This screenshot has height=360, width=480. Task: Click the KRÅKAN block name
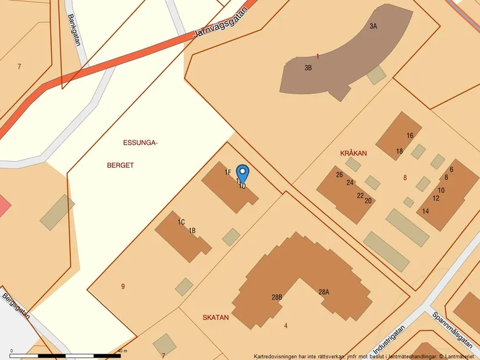[x=353, y=154]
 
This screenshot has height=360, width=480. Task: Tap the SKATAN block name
[x=215, y=318]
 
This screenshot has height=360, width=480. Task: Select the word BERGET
[x=120, y=165]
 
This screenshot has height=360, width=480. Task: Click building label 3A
[x=373, y=26]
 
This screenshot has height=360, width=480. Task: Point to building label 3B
[x=308, y=67]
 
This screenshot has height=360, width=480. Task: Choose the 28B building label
[x=277, y=297]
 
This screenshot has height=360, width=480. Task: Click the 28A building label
[x=323, y=292]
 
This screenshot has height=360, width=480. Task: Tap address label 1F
[x=228, y=172]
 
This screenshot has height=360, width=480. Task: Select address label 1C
[x=182, y=222]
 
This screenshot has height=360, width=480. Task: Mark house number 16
[x=410, y=136]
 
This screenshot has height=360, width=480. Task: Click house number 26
[x=339, y=174]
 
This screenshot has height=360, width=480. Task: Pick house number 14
[x=426, y=211]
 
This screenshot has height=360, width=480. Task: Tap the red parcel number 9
[x=123, y=286]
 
